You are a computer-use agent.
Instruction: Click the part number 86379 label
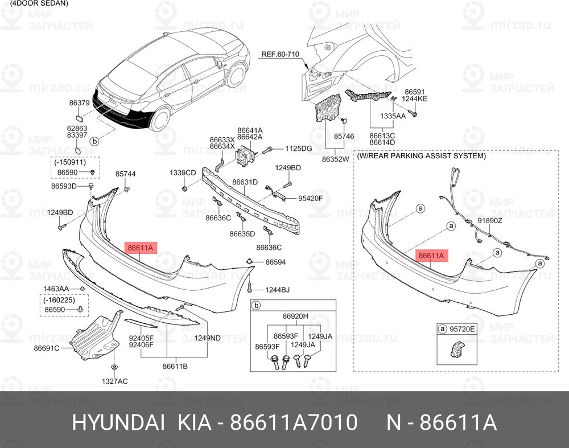80,103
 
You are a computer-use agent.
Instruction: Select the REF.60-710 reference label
281,55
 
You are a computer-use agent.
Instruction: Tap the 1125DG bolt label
299,149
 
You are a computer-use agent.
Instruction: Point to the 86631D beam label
245,182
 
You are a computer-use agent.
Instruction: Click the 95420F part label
310,198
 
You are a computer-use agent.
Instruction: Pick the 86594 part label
275,262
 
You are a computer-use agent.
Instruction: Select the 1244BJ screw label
277,290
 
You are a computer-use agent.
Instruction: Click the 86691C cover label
47,348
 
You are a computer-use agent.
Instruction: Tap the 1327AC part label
115,381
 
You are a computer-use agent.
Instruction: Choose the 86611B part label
175,367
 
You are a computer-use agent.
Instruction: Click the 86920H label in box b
295,316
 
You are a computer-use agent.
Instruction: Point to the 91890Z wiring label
490,220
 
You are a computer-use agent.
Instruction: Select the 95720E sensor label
462,329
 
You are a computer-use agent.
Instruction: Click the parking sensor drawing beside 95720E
456,348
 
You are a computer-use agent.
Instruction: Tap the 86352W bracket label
335,159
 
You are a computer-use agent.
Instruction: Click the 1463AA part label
56,289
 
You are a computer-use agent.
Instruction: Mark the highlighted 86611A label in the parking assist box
431,256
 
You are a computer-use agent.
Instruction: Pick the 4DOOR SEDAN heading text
40,3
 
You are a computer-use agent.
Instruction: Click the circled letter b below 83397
94,141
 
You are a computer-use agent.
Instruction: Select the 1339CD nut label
183,173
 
